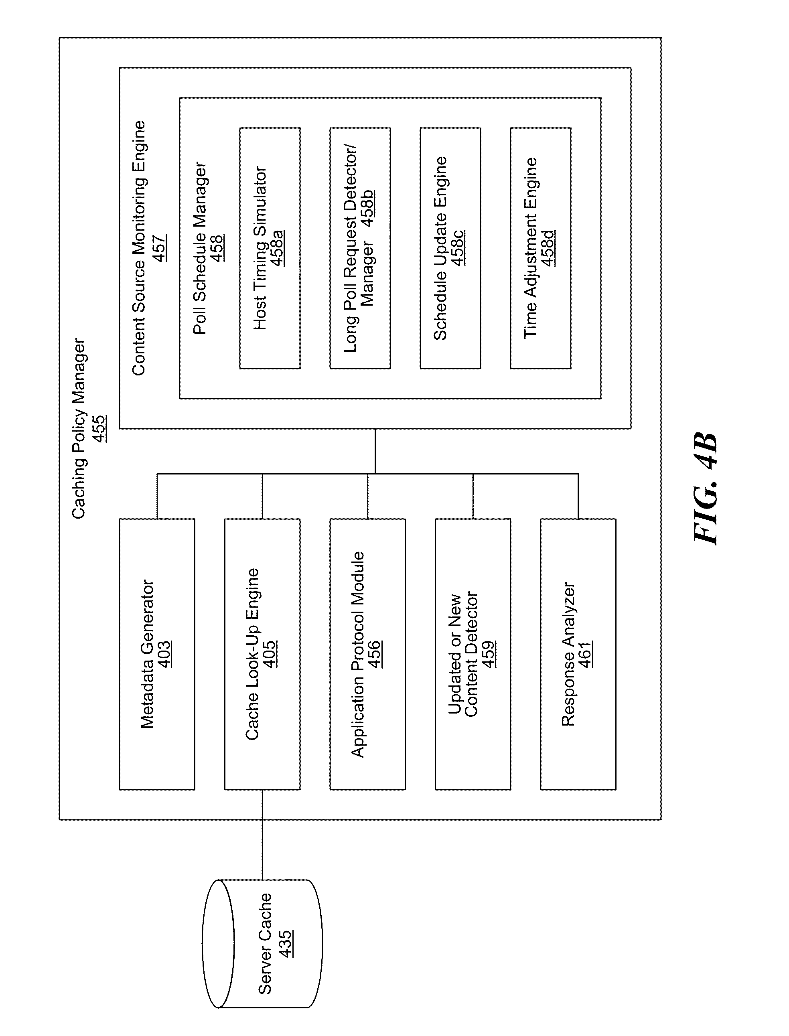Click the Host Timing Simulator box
(270, 248)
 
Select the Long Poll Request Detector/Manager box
(360, 248)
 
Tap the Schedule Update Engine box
(450, 248)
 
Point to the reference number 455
(99, 428)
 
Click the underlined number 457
(159, 248)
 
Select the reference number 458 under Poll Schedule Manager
(217, 248)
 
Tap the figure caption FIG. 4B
(706, 489)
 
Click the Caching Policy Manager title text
(79, 428)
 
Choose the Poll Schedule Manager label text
(200, 248)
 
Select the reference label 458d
(548, 248)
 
